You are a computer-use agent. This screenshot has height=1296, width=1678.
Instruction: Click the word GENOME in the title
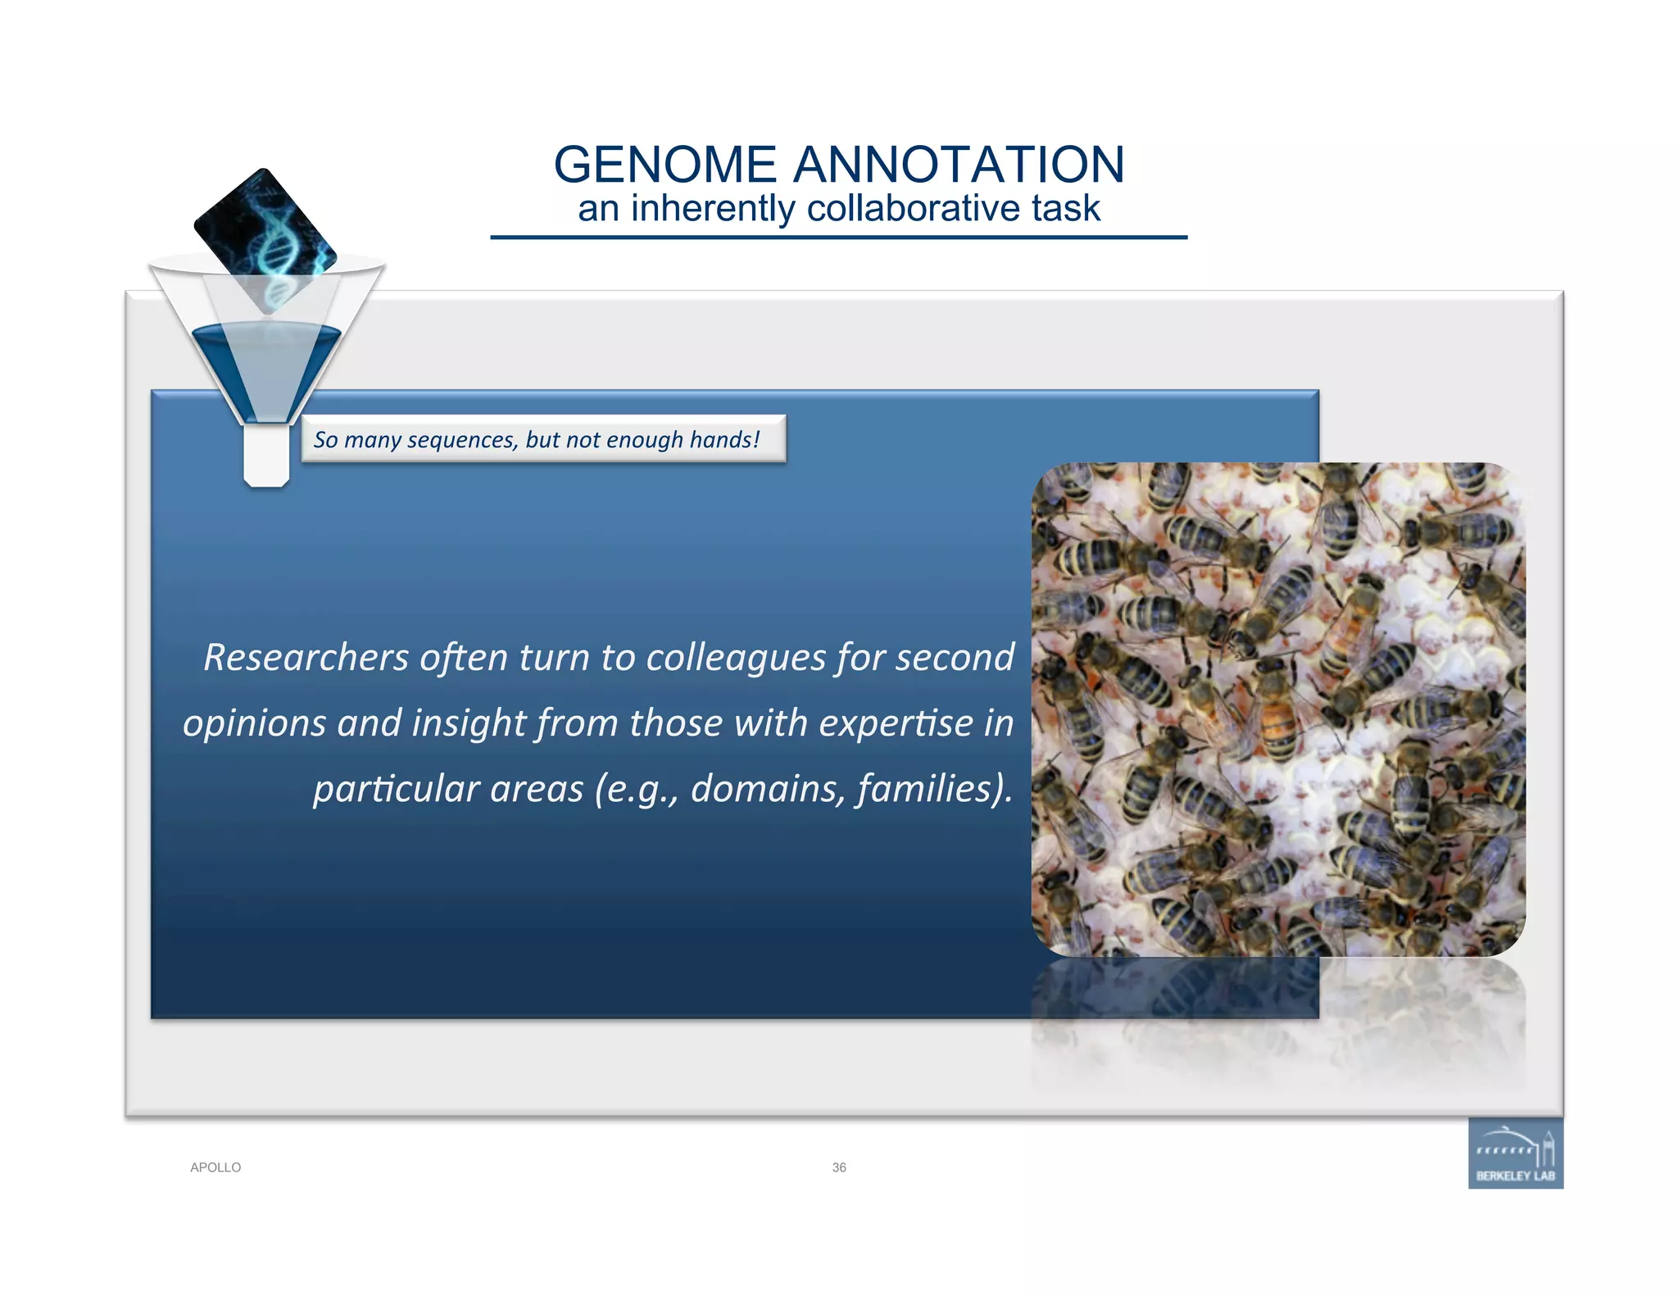click(664, 165)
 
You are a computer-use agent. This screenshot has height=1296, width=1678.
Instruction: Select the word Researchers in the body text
click(306, 657)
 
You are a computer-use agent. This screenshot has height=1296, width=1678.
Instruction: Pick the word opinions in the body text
click(254, 723)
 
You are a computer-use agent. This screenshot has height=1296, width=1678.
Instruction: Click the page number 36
click(839, 1167)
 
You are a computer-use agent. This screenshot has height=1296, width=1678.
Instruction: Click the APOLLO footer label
click(215, 1167)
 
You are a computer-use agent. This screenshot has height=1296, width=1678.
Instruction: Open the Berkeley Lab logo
click(1515, 1153)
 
